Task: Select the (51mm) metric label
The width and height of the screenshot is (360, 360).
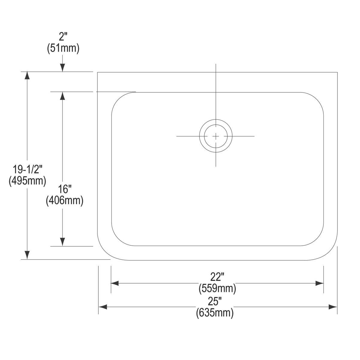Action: (x=63, y=48)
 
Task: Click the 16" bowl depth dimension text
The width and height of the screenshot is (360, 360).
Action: (x=65, y=189)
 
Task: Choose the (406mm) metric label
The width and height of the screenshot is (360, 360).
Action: (x=64, y=200)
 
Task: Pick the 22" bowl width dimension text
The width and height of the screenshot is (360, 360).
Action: (x=217, y=277)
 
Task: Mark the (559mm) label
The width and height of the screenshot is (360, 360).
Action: (x=217, y=288)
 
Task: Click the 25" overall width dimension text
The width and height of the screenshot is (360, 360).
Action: (x=215, y=301)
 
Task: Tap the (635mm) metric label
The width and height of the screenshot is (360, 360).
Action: (x=215, y=313)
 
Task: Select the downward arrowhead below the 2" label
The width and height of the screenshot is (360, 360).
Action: (x=62, y=68)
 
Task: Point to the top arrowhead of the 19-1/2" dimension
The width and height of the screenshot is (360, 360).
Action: (x=27, y=75)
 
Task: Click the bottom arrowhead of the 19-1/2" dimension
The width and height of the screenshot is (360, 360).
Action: (x=27, y=255)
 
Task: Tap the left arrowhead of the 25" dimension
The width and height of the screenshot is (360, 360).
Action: (x=103, y=307)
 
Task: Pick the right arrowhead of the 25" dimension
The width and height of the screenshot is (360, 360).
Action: (x=333, y=307)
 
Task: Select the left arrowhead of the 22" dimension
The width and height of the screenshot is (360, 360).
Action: (x=115, y=283)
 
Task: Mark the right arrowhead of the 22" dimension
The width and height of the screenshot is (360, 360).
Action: (x=319, y=283)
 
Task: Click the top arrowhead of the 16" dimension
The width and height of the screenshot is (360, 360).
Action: (x=62, y=95)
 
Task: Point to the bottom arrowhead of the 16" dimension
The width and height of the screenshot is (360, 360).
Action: (x=62, y=242)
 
